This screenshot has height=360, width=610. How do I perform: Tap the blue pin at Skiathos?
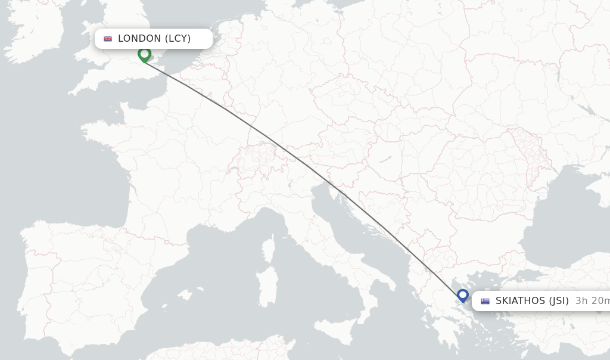click(x=463, y=295)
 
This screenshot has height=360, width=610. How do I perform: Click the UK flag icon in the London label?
click(x=108, y=39)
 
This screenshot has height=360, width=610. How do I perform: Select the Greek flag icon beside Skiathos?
click(x=485, y=301)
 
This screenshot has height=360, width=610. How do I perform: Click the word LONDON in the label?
click(x=139, y=39)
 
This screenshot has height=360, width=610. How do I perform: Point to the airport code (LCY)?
click(x=178, y=39)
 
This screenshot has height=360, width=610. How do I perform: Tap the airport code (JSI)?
click(x=559, y=301)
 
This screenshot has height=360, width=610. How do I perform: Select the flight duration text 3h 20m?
click(x=592, y=301)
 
